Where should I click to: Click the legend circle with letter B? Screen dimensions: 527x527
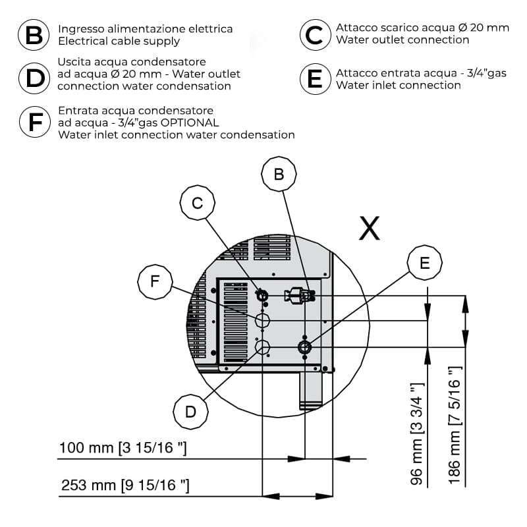pos(33,35)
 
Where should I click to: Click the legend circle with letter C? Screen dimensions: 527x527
pos(315,35)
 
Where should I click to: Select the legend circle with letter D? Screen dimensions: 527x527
pos(33,77)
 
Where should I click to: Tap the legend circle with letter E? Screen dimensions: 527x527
pos(315,78)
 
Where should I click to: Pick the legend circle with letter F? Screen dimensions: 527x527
pos(33,122)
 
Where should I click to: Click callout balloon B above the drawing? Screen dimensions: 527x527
pos(279,175)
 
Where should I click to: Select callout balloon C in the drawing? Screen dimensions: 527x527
pos(197,204)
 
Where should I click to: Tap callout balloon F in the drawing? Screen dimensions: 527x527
pos(155,281)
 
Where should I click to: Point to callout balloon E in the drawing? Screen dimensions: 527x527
pos(425,263)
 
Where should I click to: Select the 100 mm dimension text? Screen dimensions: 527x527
pos(123,449)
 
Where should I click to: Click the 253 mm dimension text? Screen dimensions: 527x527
pos(125,486)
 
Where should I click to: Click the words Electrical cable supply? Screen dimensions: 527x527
pos(119,41)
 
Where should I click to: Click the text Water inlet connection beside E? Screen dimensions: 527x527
pos(399,85)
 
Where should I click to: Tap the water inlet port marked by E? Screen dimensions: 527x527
pos(305,347)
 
